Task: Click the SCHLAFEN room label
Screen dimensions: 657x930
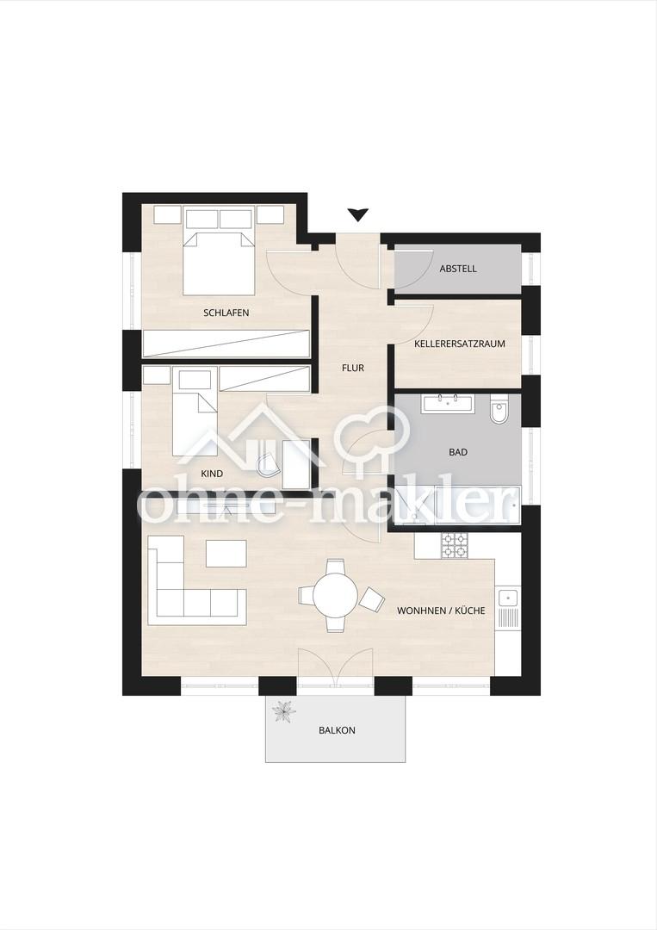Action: pyautogui.click(x=226, y=313)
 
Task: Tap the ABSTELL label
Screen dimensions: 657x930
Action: pyautogui.click(x=458, y=269)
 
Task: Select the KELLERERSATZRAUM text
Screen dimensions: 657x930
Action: pyautogui.click(x=460, y=344)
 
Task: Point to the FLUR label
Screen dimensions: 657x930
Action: pyautogui.click(x=353, y=368)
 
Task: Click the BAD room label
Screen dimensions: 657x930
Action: pyautogui.click(x=458, y=452)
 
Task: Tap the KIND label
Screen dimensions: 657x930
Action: pyautogui.click(x=212, y=474)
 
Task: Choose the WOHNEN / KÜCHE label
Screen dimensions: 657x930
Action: pyautogui.click(x=441, y=611)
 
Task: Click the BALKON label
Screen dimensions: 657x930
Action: pyautogui.click(x=337, y=730)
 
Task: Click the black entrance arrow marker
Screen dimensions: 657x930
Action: pyautogui.click(x=357, y=214)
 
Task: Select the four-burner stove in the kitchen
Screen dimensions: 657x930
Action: pyautogui.click(x=454, y=546)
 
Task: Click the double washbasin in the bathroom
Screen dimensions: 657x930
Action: pyautogui.click(x=447, y=403)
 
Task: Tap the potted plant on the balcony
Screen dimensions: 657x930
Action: pyautogui.click(x=282, y=710)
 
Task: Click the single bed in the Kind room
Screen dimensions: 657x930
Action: pyautogui.click(x=195, y=413)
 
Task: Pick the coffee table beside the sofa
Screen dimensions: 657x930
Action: pyautogui.click(x=226, y=553)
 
